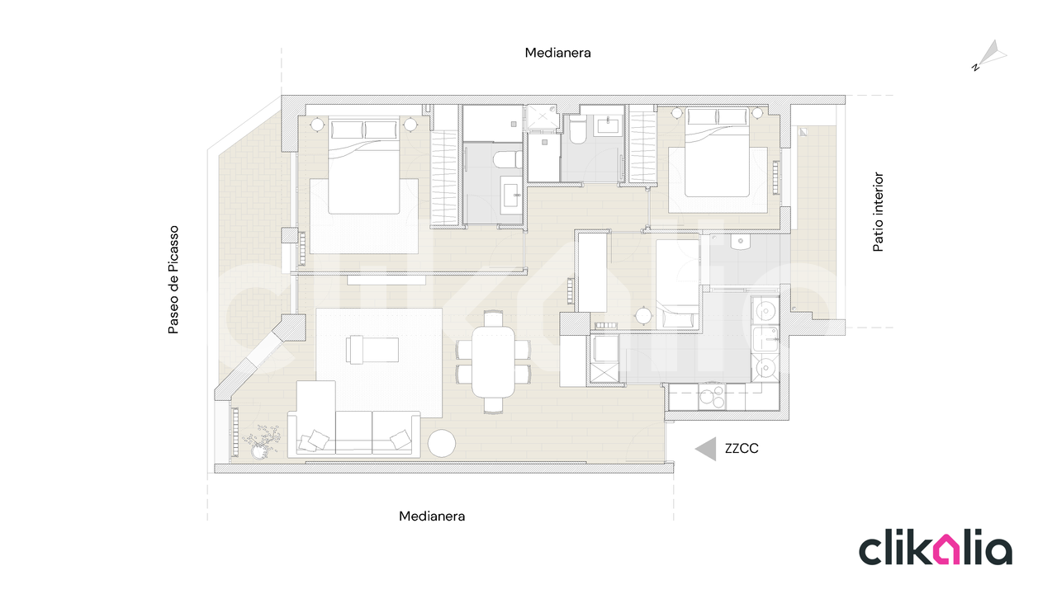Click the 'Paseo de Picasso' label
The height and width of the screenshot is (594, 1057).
pyautogui.click(x=173, y=280)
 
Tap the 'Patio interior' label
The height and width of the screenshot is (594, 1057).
pyautogui.click(x=878, y=212)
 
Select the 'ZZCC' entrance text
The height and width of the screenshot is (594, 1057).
pyautogui.click(x=742, y=448)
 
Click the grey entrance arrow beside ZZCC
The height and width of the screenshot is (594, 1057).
pyautogui.click(x=706, y=449)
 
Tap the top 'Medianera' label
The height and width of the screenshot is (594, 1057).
pyautogui.click(x=557, y=53)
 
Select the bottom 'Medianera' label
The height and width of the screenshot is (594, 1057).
pyautogui.click(x=432, y=516)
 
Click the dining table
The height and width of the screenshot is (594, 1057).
pyautogui.click(x=493, y=361)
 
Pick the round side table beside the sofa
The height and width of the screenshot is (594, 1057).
pyautogui.click(x=442, y=443)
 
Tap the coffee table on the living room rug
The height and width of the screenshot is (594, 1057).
pyautogui.click(x=372, y=349)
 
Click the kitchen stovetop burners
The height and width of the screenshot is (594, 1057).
pyautogui.click(x=712, y=396)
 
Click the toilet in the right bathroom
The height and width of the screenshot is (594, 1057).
pyautogui.click(x=576, y=130)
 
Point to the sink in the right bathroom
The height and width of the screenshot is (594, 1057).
pyautogui.click(x=609, y=125)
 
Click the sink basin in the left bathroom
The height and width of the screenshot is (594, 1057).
pyautogui.click(x=512, y=194)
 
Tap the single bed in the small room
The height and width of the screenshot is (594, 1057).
pyautogui.click(x=677, y=283)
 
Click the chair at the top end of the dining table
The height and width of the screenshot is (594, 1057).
pyautogui.click(x=494, y=318)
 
